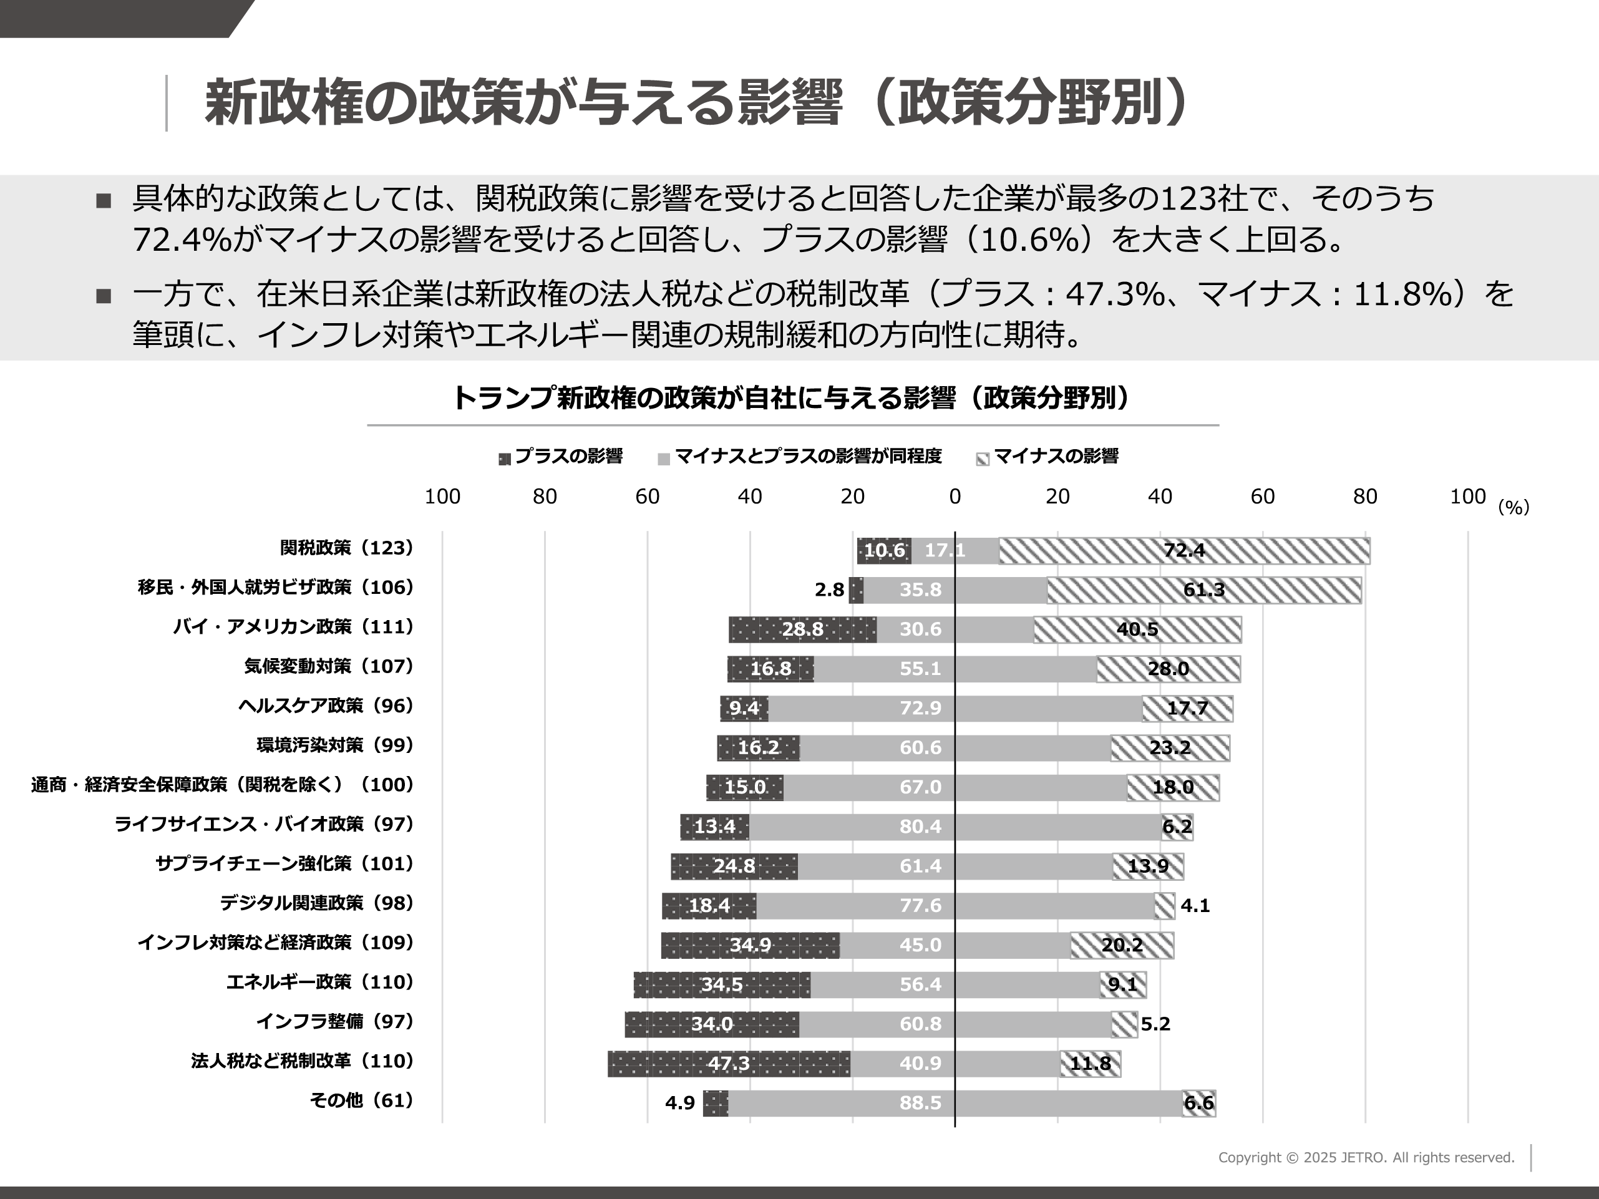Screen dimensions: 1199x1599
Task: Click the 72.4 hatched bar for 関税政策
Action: [1184, 551]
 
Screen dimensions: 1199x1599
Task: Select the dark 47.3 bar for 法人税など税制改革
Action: [729, 1064]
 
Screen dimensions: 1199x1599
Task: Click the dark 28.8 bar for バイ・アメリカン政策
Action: [802, 629]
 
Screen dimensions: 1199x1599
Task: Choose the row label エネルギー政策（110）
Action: [319, 982]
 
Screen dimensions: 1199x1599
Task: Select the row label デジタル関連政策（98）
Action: [317, 903]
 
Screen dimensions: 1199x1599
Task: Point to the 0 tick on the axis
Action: [955, 497]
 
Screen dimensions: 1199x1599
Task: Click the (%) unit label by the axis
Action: [1514, 507]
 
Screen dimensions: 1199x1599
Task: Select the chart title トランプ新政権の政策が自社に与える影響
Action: [792, 398]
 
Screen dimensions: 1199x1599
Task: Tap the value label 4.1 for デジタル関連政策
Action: [1195, 906]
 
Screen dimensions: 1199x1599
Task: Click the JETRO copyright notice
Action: [1366, 1158]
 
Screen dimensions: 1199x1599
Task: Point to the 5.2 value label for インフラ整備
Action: [1155, 1024]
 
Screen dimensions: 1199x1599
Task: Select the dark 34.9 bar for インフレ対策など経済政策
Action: [751, 945]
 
